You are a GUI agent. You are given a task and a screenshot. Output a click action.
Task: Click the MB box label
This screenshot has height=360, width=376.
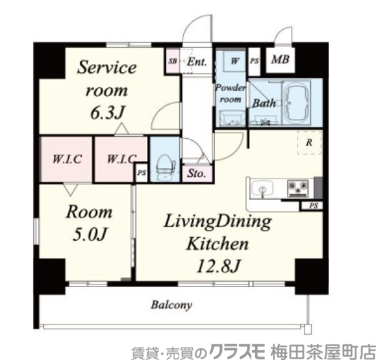(280, 60)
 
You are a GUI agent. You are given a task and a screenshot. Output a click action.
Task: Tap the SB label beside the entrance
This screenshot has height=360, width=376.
(172, 61)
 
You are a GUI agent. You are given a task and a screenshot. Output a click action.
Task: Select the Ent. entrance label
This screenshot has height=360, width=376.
(197, 61)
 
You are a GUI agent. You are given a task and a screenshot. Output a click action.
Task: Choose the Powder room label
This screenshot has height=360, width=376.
(230, 93)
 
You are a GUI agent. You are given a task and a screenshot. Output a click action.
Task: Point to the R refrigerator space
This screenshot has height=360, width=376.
(309, 143)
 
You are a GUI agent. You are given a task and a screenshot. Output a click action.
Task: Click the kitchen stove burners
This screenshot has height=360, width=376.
(298, 186)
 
